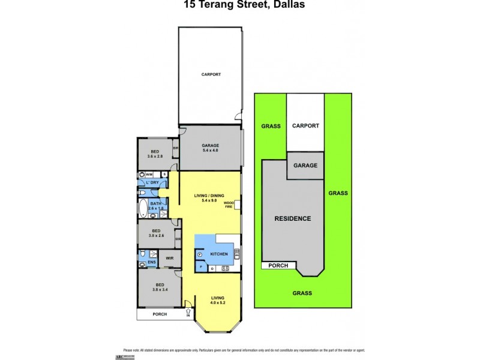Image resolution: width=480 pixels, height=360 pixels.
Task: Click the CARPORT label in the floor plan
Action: (211, 74)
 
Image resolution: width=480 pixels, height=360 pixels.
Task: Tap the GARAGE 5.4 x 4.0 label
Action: (210, 148)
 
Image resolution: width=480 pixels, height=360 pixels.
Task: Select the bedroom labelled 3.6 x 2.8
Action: (155, 154)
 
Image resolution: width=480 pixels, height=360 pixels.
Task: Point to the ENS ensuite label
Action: (152, 262)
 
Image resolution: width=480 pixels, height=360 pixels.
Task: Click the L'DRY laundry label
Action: (152, 182)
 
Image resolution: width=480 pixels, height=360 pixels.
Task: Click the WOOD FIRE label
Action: (229, 205)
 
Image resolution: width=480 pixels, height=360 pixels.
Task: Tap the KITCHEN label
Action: (218, 254)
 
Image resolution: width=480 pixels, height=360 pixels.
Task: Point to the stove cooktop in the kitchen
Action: (225, 268)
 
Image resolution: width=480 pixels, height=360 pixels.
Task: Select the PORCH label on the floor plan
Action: (159, 314)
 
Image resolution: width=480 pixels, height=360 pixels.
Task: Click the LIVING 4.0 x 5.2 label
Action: (217, 299)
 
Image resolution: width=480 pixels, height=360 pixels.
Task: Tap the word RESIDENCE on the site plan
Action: (293, 218)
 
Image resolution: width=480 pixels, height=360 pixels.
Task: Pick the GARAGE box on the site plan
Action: (305, 165)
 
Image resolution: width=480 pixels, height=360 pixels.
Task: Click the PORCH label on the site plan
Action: (278, 265)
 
